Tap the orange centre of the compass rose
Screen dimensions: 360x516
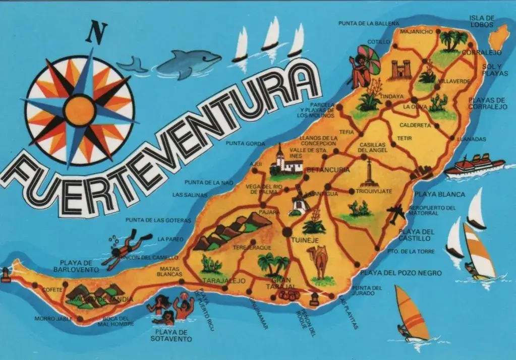[80, 110]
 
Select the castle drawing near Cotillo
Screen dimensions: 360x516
[402, 70]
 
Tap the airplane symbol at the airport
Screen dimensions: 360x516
[396, 213]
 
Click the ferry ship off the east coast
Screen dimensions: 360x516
[474, 165]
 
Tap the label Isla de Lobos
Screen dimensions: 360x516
[482, 22]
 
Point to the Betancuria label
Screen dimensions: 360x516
[328, 170]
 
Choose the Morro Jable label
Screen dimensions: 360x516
[50, 319]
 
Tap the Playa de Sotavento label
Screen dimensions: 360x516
[171, 335]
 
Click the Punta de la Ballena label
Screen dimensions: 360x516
[369, 23]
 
